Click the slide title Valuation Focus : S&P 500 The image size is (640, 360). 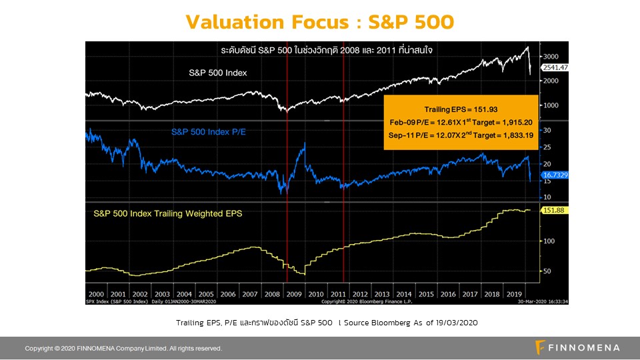320,21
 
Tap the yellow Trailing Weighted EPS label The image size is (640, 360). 168,214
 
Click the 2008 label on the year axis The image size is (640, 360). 272,293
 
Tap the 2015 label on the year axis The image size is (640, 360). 426,293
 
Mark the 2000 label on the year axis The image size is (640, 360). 96,293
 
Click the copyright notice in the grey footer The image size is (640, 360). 123,349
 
